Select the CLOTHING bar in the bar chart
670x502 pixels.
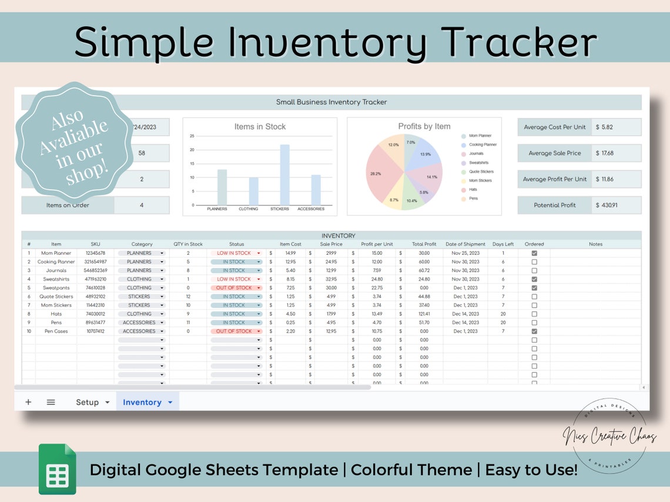pos(253,191)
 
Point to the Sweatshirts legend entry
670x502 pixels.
pos(478,163)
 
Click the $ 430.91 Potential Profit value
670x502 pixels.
pos(615,205)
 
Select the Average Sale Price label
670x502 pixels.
pos(554,153)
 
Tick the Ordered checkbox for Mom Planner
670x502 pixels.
pos(534,253)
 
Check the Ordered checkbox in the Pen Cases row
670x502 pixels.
pos(534,331)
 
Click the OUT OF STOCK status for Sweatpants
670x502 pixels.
pos(236,288)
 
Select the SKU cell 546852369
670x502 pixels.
pos(95,271)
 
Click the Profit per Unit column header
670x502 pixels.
pos(377,244)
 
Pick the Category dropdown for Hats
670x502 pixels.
pos(142,314)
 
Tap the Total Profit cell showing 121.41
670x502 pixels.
pos(424,314)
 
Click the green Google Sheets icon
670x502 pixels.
pos(58,469)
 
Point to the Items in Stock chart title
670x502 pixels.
pos(260,126)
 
